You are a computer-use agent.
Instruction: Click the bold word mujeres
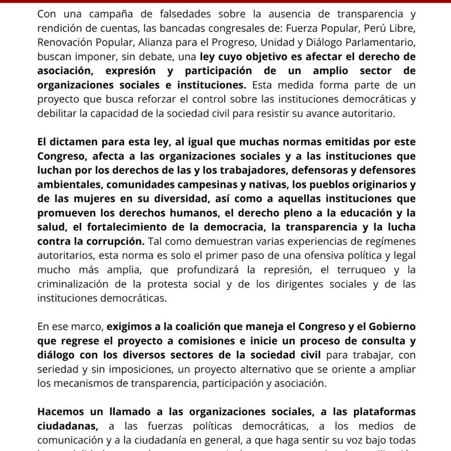(94, 198)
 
